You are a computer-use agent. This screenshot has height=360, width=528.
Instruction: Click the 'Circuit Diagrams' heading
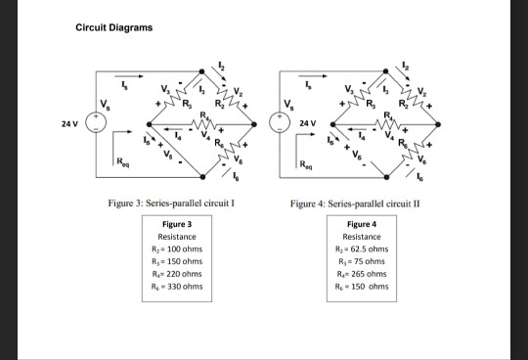point(113,26)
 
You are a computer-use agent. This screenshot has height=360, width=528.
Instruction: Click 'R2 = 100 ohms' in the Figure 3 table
point(177,249)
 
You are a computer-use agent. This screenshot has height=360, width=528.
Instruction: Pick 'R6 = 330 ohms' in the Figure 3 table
point(177,287)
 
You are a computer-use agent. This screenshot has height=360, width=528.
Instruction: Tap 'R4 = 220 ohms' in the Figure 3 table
point(177,274)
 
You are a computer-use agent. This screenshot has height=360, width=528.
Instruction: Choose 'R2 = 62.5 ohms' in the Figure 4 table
point(362,249)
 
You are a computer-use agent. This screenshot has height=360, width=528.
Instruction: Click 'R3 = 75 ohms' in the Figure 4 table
point(362,262)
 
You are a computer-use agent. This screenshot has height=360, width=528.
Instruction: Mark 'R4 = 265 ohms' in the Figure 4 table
point(362,274)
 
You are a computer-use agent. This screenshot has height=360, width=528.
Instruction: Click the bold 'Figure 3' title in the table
point(177,225)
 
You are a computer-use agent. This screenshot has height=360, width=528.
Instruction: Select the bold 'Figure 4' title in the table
point(362,225)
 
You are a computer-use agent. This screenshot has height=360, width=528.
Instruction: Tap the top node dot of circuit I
point(202,71)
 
